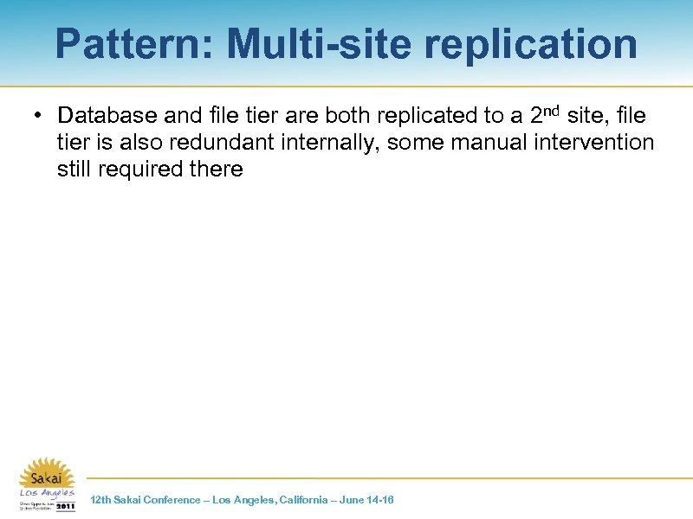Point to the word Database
click(x=108, y=116)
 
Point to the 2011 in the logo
click(x=65, y=505)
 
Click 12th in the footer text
click(x=100, y=500)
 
